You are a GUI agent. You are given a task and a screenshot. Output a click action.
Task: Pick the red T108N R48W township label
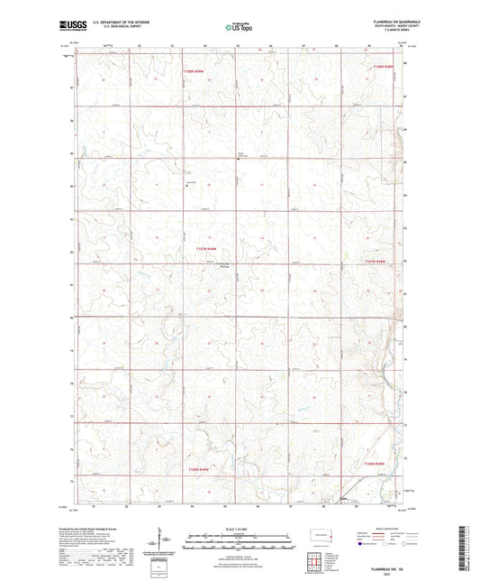point(385,66)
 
